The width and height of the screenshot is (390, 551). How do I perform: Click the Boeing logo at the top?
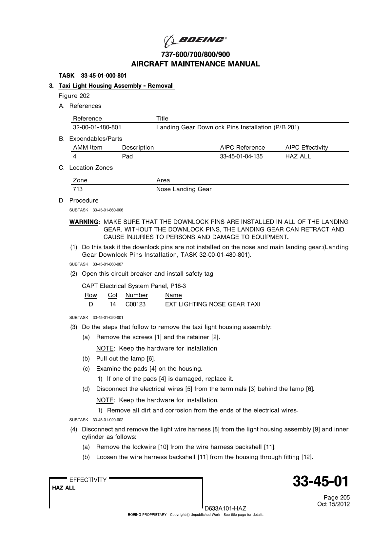(195, 41)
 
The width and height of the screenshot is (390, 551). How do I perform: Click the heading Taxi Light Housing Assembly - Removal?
(116, 86)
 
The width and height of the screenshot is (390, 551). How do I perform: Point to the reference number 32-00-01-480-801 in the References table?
(97, 127)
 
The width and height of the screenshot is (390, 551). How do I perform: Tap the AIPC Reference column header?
(242, 147)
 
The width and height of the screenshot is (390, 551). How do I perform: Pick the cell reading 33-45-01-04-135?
(241, 156)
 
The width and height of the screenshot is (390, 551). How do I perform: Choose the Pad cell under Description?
(127, 156)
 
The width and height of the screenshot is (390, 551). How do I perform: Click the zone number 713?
(78, 189)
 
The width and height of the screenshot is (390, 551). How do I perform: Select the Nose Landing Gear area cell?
(184, 189)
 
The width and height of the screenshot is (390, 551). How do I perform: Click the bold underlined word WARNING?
(84, 222)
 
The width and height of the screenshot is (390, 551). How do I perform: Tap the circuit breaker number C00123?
(135, 304)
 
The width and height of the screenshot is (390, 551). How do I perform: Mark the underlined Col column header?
(112, 295)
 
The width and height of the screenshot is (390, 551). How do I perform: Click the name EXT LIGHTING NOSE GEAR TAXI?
(212, 304)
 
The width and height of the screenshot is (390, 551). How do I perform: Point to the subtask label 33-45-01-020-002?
(108, 420)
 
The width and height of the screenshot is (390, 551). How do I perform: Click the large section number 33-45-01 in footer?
(321, 482)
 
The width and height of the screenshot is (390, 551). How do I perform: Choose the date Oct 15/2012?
(333, 504)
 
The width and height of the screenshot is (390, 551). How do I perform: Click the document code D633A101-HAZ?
(225, 508)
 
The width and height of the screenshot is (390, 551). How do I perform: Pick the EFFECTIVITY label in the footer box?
(88, 480)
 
